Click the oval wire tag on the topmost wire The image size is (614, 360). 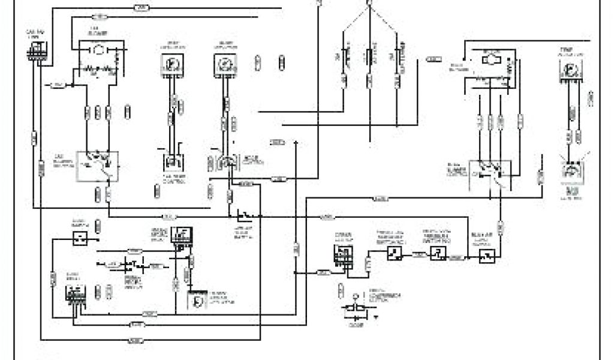[x=141, y=8]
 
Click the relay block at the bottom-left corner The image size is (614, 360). [x=74, y=294]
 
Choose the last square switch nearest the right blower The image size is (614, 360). [x=486, y=256]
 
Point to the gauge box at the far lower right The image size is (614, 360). [x=570, y=173]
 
